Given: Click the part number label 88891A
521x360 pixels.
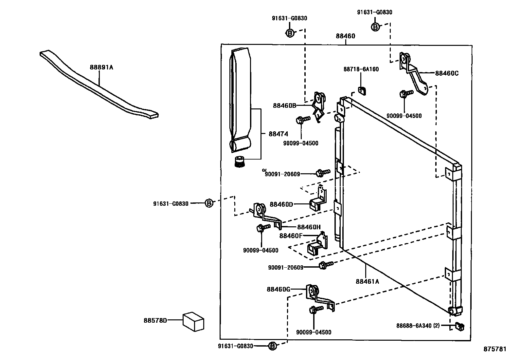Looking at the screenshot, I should [101, 67].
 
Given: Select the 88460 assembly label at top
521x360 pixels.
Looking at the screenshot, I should [345, 36].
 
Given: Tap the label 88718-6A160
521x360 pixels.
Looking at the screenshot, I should [361, 69].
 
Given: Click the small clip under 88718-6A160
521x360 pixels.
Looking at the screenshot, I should [362, 90].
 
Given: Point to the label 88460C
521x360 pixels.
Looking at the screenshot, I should [447, 73].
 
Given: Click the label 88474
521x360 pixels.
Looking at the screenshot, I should [278, 134].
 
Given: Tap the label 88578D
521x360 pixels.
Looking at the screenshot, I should [155, 320].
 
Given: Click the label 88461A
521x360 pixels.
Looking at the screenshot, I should [367, 281].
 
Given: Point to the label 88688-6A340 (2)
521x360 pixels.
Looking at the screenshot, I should [418, 326].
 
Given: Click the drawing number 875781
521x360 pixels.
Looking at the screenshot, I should [495, 349].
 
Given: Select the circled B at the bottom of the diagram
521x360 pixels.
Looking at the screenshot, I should [272, 346].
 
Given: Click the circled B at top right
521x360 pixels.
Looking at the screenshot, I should [375, 27].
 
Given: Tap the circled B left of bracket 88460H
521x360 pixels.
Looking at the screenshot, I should [209, 203].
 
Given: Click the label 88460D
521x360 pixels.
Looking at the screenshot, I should [281, 204].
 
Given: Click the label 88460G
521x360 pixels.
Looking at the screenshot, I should [278, 289].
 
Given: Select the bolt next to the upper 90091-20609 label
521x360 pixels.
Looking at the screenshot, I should [320, 173].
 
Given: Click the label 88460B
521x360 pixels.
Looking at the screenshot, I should [284, 105].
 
